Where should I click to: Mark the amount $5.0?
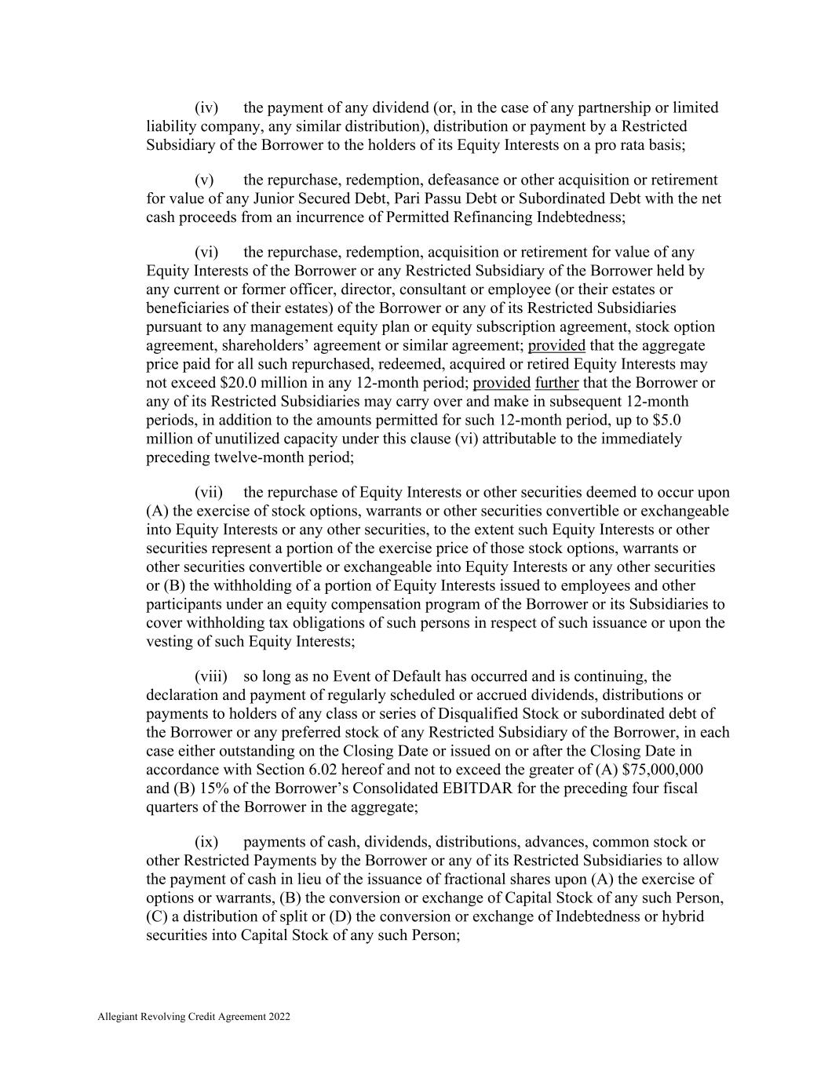[x=669, y=420]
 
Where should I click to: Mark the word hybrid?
[x=683, y=916]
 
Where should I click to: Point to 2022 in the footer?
[x=279, y=1017]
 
